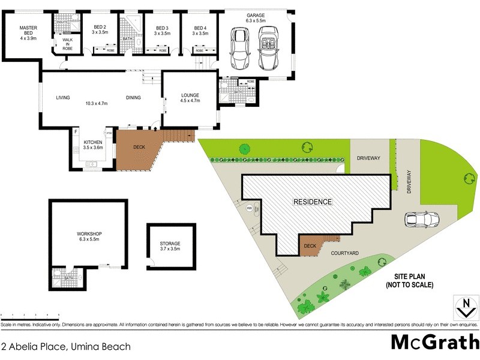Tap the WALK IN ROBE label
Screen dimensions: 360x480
[x=67, y=44]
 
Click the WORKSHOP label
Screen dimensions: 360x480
[x=89, y=236]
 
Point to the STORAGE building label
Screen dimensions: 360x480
[x=170, y=245]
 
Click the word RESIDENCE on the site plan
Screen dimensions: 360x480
[x=312, y=202]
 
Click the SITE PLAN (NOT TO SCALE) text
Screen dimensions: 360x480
[x=410, y=281]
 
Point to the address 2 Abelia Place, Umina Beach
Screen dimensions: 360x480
[x=65, y=346]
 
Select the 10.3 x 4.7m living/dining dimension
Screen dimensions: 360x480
[x=96, y=103]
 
